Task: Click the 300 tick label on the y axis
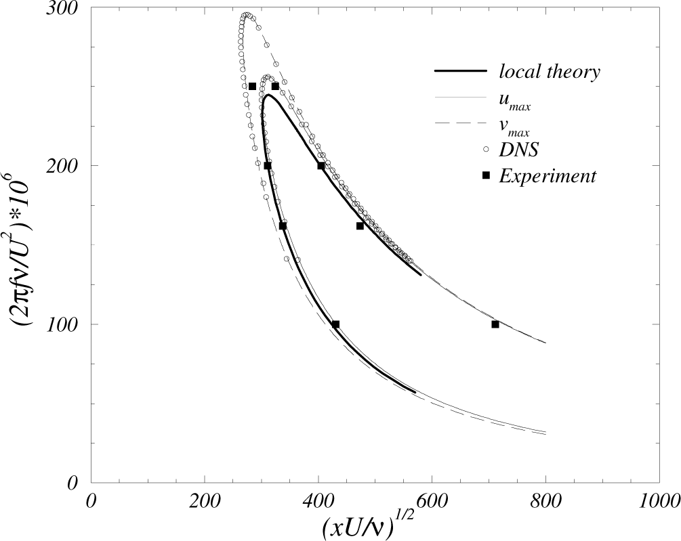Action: click(62, 8)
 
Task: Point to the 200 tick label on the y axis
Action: click(62, 166)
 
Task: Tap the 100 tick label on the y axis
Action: click(62, 324)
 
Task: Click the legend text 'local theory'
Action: click(549, 72)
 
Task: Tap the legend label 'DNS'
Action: click(518, 150)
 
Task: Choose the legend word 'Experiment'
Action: click(547, 176)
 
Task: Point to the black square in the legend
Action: click(485, 176)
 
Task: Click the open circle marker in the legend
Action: click(485, 149)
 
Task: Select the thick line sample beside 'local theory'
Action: click(459, 71)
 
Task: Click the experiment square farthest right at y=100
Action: click(495, 324)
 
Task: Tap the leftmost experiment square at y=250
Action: click(252, 87)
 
